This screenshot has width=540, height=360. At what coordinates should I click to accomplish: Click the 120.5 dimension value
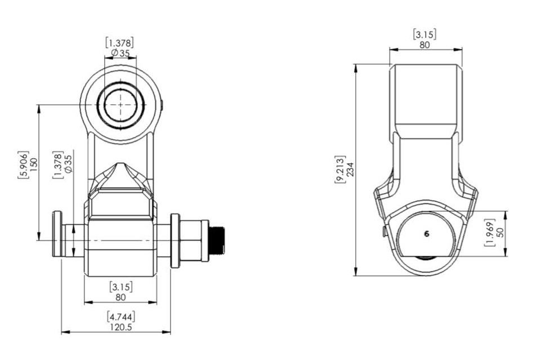coord(120,327)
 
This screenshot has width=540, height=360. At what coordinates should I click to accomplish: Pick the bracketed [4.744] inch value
coord(120,317)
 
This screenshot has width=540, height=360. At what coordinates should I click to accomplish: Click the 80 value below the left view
coord(121,296)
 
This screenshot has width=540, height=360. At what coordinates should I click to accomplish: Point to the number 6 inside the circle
coord(426,233)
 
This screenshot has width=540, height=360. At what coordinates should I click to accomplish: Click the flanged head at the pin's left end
coord(57,234)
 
